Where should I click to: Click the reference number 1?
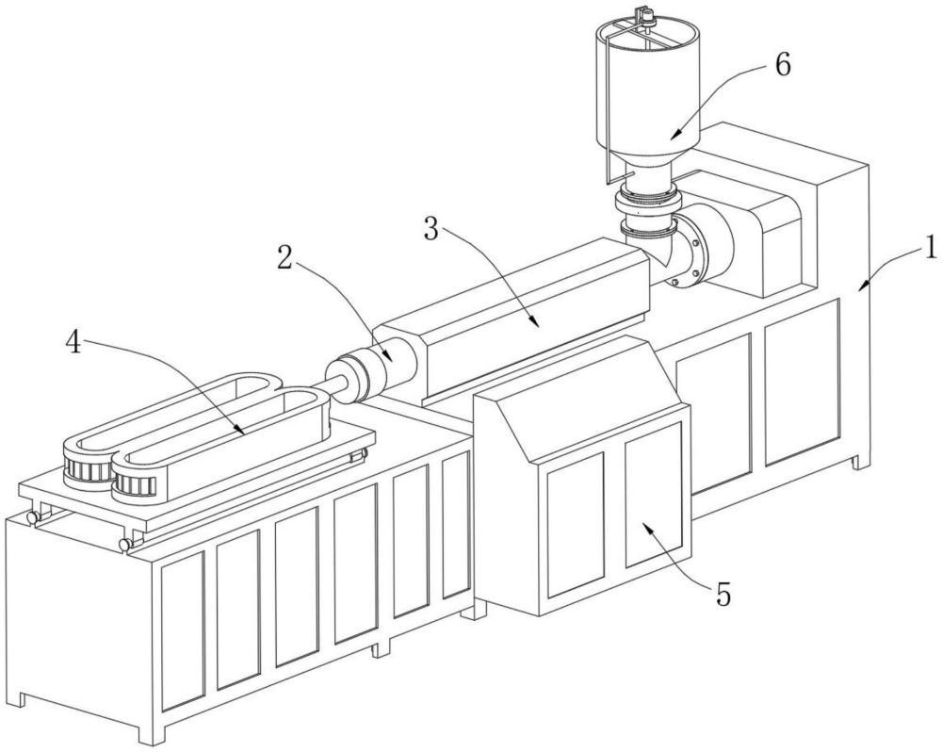(930, 247)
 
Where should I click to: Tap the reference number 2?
(284, 257)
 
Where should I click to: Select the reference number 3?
(430, 228)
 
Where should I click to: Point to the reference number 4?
(73, 343)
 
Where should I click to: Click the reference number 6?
(783, 64)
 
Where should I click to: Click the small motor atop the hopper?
(646, 13)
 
